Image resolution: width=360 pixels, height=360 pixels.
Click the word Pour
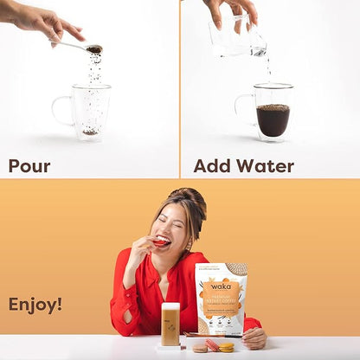click(29, 166)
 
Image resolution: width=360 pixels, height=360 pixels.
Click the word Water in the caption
click(267, 166)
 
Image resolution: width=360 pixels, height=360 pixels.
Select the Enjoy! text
click(35, 305)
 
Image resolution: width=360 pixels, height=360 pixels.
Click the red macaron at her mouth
click(162, 242)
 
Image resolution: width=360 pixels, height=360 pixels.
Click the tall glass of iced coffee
click(170, 325)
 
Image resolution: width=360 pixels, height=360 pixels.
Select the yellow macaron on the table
click(226, 347)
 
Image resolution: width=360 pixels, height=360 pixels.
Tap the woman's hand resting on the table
click(254, 337)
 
